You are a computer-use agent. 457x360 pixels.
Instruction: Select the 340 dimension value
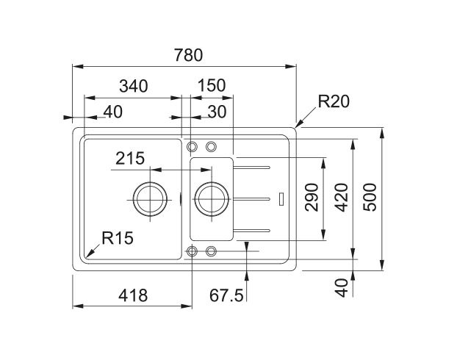tap(134, 86)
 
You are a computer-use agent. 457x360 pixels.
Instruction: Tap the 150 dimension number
tap(211, 86)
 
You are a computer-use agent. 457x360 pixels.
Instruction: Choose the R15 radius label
tap(118, 237)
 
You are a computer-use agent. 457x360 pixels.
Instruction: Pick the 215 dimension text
tap(129, 159)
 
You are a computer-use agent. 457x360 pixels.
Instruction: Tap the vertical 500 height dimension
tap(370, 198)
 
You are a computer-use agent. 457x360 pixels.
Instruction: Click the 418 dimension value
tap(133, 295)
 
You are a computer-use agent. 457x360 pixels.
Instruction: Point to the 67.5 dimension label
tap(226, 295)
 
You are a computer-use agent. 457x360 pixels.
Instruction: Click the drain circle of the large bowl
tap(150, 197)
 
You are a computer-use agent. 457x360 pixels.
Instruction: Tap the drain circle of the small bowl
tap(212, 197)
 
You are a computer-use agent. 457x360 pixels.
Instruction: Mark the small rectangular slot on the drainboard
tap(284, 198)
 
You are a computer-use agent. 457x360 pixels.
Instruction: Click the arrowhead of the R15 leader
tap(87, 255)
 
